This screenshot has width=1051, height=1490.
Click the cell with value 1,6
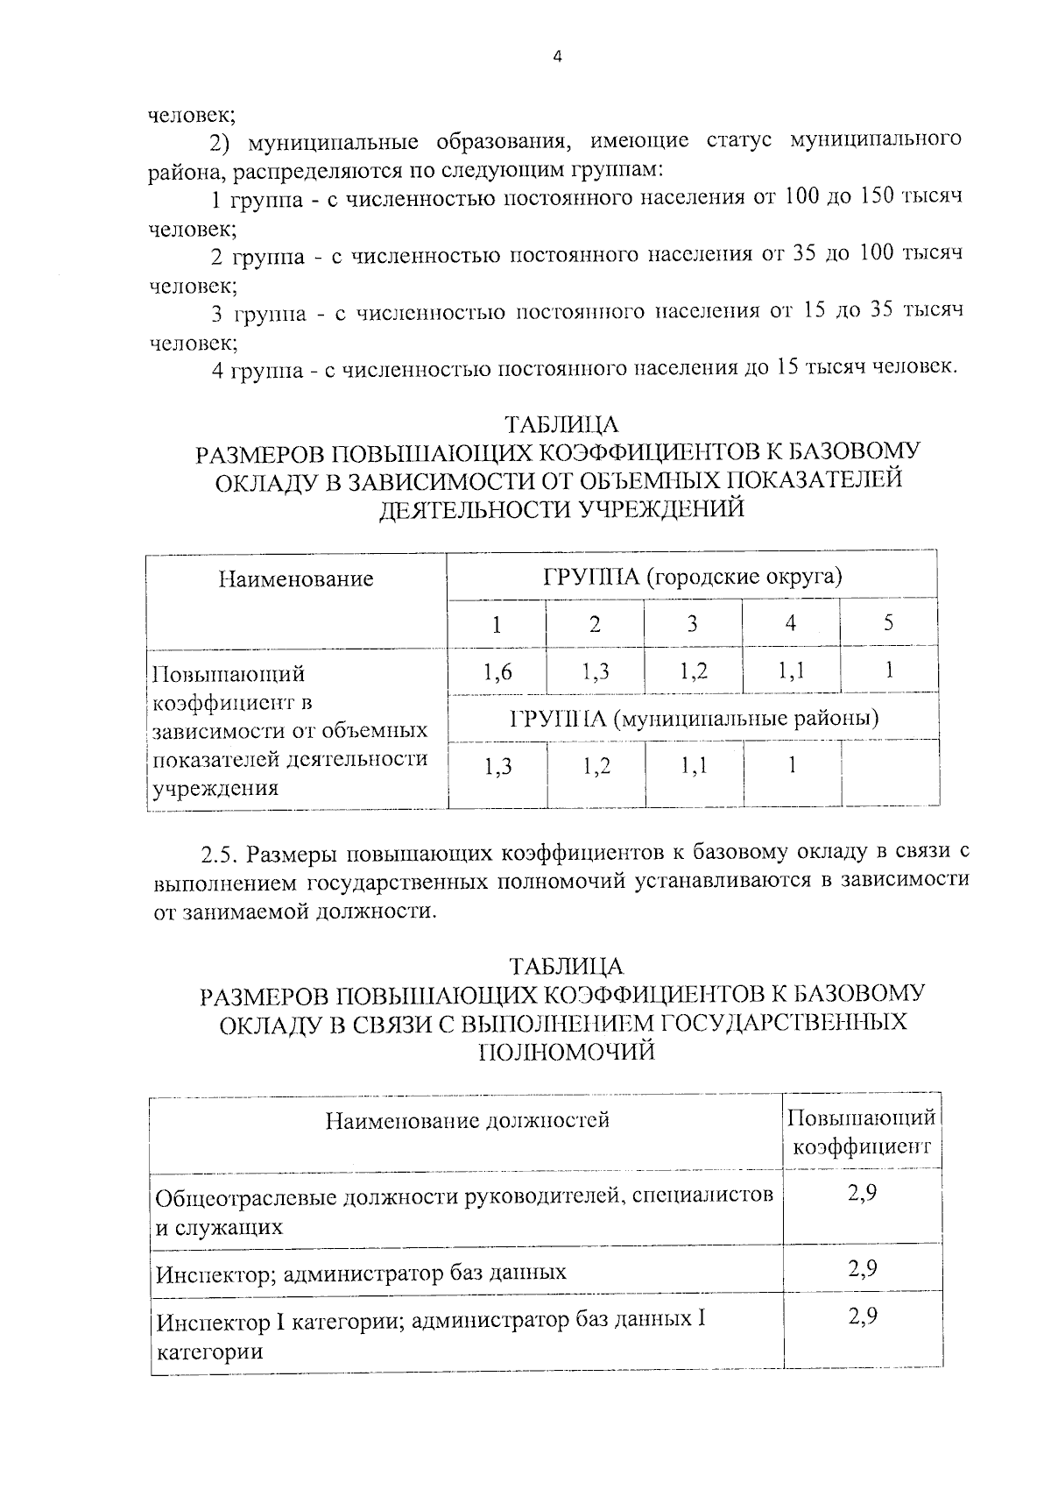coord(497,672)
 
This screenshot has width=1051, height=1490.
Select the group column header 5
coord(888,623)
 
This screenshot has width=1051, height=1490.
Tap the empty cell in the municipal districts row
coord(890,770)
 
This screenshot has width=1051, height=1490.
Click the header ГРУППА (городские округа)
coord(692,577)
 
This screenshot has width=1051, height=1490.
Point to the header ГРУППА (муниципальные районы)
coord(694,719)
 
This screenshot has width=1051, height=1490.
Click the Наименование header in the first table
coord(296,578)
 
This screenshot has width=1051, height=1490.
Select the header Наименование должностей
coord(467,1120)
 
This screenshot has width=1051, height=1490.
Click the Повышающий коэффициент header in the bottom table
coord(862,1132)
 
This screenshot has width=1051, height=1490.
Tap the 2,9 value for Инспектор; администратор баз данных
coord(863,1269)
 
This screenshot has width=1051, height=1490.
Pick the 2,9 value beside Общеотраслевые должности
coord(863,1194)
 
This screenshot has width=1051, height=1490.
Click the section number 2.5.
coord(220,853)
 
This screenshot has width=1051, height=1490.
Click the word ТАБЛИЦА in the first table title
coord(561,425)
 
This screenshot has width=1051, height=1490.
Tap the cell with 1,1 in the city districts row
coord(791,672)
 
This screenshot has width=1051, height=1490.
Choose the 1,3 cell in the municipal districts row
coord(497,768)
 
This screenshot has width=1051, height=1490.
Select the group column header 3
coord(692,623)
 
